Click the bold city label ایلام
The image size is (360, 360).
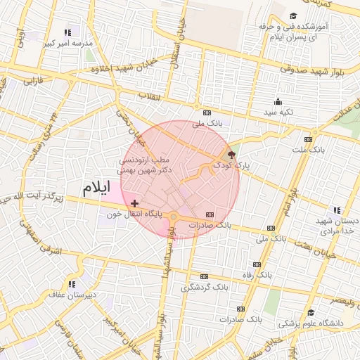coord(96,188)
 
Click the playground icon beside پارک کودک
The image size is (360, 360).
coord(231,154)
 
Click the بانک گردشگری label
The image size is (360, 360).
coord(205,287)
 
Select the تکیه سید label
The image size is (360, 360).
coord(278,112)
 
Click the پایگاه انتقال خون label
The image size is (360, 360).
coord(134,213)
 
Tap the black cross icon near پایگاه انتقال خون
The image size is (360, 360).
coord(134,202)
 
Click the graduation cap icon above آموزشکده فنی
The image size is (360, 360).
coord(293,16)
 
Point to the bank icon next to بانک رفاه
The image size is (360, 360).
coord(257,264)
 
